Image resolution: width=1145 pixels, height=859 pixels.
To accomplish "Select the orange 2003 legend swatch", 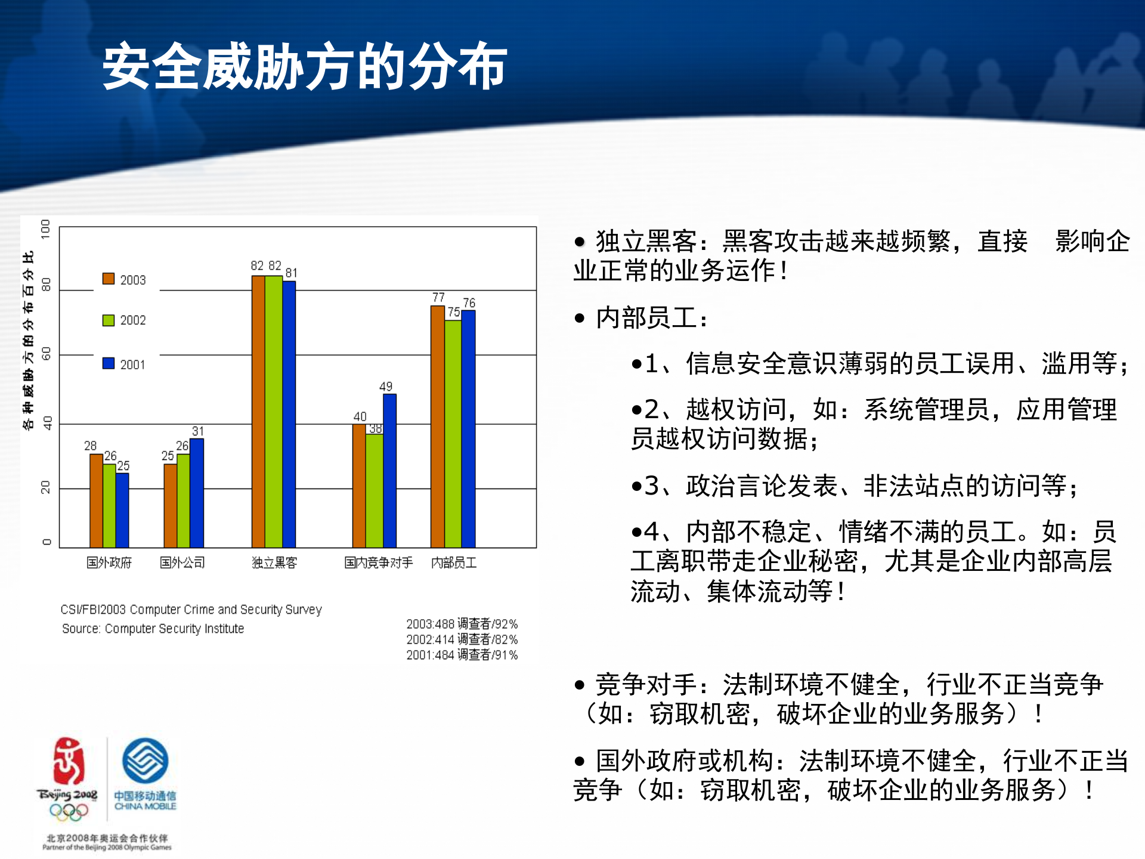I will click(x=109, y=279).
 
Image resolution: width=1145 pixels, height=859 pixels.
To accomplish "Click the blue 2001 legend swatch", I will click(x=109, y=363).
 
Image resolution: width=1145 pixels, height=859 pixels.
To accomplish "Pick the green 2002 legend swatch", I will click(x=109, y=320).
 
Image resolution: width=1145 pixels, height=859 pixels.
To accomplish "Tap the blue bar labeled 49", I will click(x=389, y=471).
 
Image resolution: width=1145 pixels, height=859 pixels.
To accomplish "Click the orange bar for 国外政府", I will click(x=96, y=501).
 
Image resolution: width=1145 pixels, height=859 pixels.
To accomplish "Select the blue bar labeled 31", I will click(x=197, y=493).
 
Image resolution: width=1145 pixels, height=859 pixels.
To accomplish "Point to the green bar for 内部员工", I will click(x=453, y=434).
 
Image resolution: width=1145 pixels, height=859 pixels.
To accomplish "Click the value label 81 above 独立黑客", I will click(x=291, y=273).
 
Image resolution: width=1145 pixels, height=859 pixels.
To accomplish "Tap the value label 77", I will click(x=438, y=297).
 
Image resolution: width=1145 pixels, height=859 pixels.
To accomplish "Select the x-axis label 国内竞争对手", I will click(x=378, y=563).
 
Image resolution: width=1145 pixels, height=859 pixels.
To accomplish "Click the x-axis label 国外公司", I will click(x=182, y=563).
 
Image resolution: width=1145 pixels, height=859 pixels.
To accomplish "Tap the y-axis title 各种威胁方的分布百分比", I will click(x=28, y=340).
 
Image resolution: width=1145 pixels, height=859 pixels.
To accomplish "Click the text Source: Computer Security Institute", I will click(x=153, y=629).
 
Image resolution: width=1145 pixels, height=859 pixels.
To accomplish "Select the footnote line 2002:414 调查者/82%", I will click(x=462, y=639).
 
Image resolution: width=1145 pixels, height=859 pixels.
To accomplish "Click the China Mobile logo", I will click(x=145, y=761).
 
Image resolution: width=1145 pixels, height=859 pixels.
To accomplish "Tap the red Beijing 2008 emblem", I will click(x=68, y=762).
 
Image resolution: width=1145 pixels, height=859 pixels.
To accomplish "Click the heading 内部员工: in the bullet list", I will click(x=651, y=318).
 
